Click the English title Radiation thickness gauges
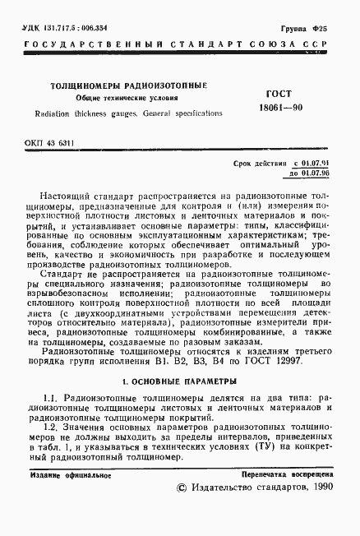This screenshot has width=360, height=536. coord(99,113)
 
